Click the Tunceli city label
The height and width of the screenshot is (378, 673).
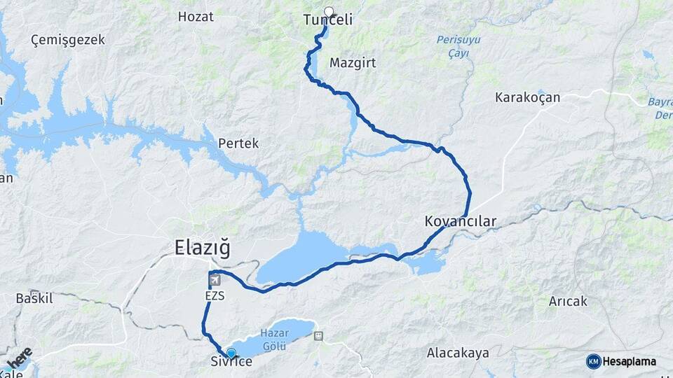327,21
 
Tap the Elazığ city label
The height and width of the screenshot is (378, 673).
201,247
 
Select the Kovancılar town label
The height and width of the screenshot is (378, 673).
460,222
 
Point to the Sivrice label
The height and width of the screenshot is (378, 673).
231,362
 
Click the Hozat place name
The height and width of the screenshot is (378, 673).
196,16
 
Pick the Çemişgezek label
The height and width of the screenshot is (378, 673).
68,40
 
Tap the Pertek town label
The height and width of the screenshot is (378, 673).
238,143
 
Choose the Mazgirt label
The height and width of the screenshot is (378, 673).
353,63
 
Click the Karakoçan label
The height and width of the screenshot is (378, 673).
527,97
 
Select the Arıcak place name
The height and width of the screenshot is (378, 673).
569,302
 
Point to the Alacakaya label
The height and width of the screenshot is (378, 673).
458,353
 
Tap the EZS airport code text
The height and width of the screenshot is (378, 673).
215,296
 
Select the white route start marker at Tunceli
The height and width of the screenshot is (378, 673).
329,11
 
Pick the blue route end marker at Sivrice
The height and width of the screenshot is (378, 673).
231,353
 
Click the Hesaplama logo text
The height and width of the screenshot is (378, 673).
630,362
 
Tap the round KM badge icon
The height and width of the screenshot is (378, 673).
593,361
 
